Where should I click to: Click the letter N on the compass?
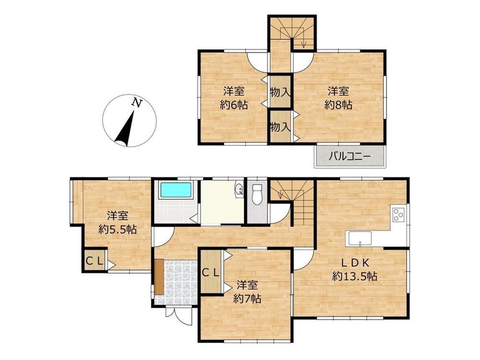pyautogui.click(x=137, y=103)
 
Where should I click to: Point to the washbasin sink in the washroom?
pyautogui.click(x=239, y=190)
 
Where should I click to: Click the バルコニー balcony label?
pyautogui.click(x=349, y=157)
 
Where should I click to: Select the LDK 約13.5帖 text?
pyautogui.click(x=355, y=269)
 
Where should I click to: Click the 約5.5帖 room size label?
pyautogui.click(x=118, y=229)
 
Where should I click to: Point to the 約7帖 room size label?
pyautogui.click(x=247, y=299)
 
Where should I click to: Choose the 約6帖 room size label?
pyautogui.click(x=234, y=105)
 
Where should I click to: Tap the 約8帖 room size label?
pyautogui.click(x=338, y=105)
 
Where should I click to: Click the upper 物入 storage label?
pyautogui.click(x=280, y=92)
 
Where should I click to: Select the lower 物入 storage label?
pyautogui.click(x=280, y=126)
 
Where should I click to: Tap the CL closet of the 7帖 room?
pyautogui.click(x=211, y=272)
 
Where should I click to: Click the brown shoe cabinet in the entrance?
pyautogui.click(x=159, y=277)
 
